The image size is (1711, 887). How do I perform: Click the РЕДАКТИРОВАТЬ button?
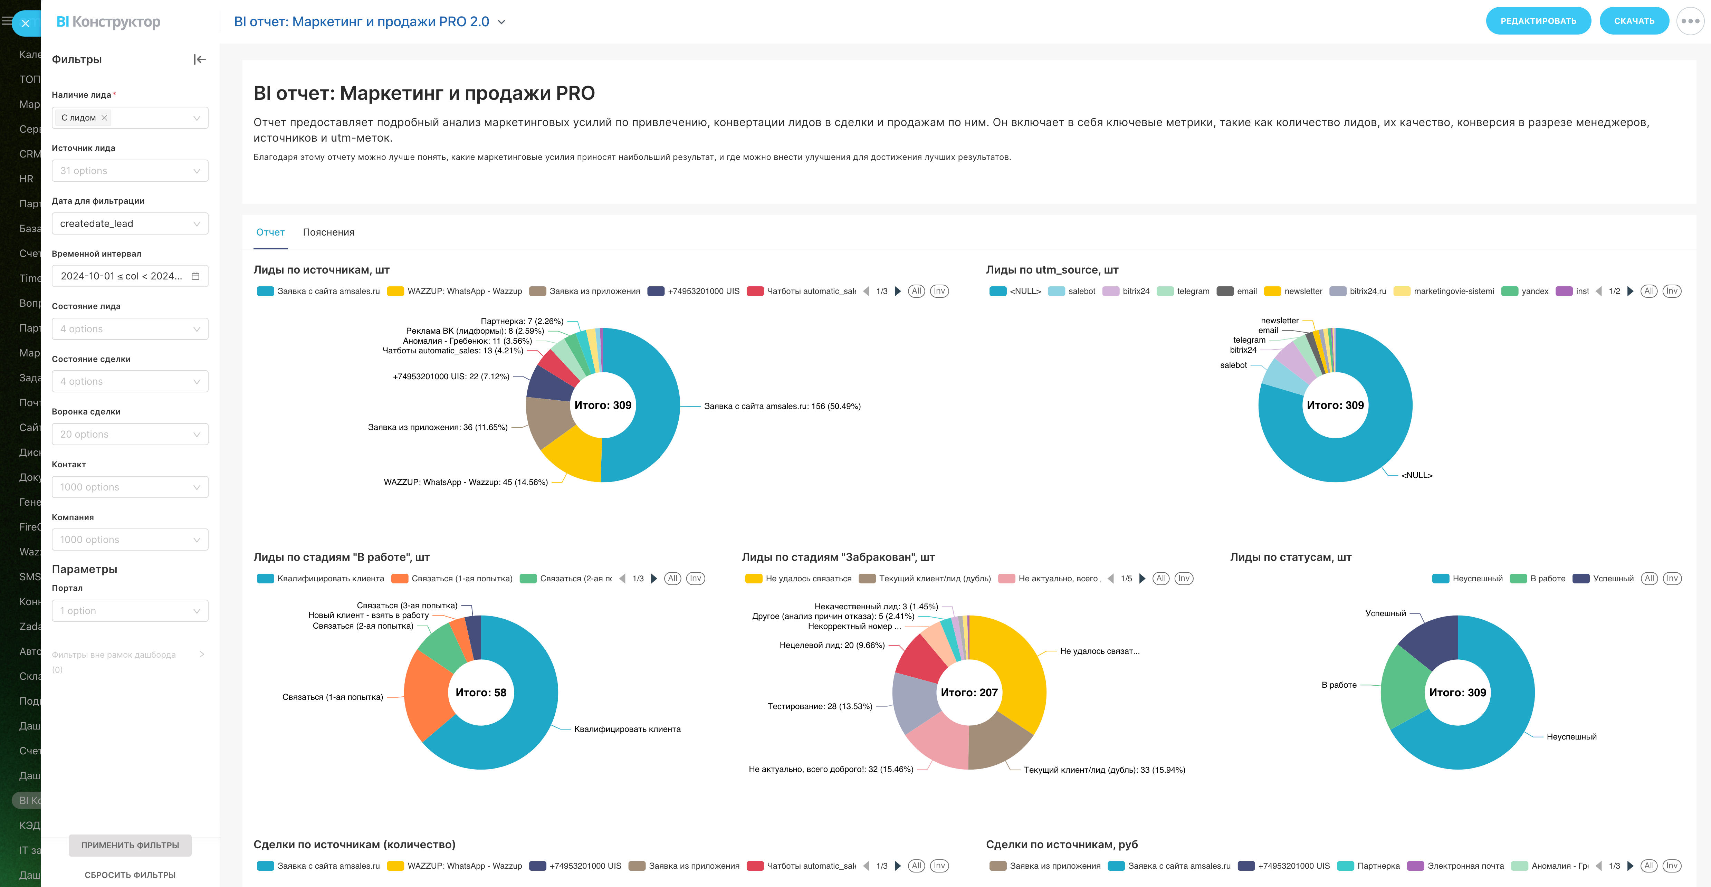coord(1538,21)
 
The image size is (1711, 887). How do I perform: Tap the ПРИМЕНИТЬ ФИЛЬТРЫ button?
coord(130,845)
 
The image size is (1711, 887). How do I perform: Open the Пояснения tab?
coord(328,232)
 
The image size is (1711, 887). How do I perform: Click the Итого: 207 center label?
coord(969,692)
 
